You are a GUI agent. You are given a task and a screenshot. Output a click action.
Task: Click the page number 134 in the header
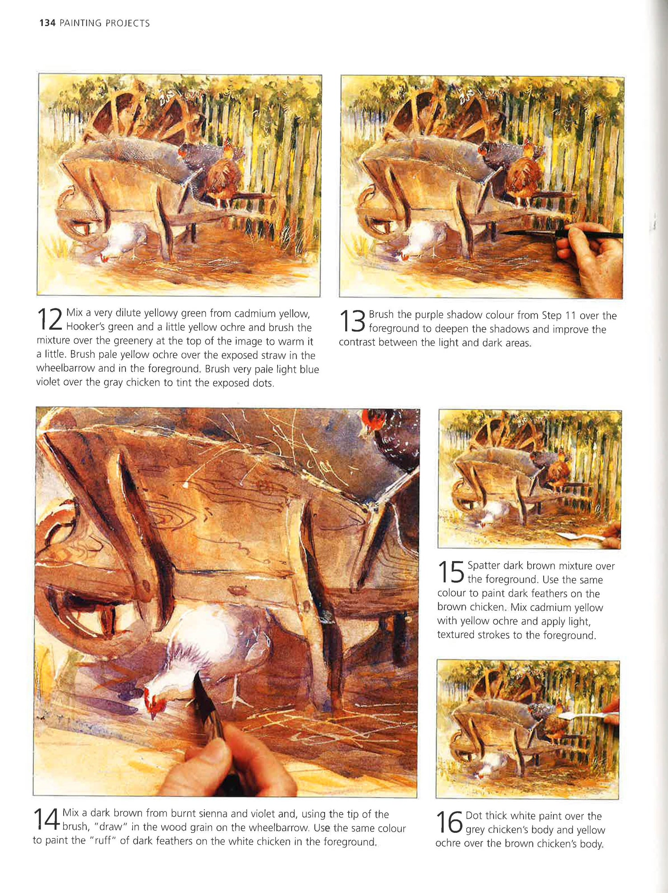[x=47, y=23]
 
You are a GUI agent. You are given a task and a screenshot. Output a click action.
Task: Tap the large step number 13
[x=352, y=321]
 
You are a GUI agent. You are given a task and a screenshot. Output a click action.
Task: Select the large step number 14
[x=46, y=819]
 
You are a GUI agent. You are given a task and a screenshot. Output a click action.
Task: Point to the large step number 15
[x=451, y=572]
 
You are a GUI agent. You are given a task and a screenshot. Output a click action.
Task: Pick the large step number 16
[x=449, y=822]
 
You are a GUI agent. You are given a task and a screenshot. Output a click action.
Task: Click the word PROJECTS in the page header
[x=127, y=23]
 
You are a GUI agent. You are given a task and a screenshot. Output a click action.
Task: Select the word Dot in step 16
[x=474, y=815]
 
